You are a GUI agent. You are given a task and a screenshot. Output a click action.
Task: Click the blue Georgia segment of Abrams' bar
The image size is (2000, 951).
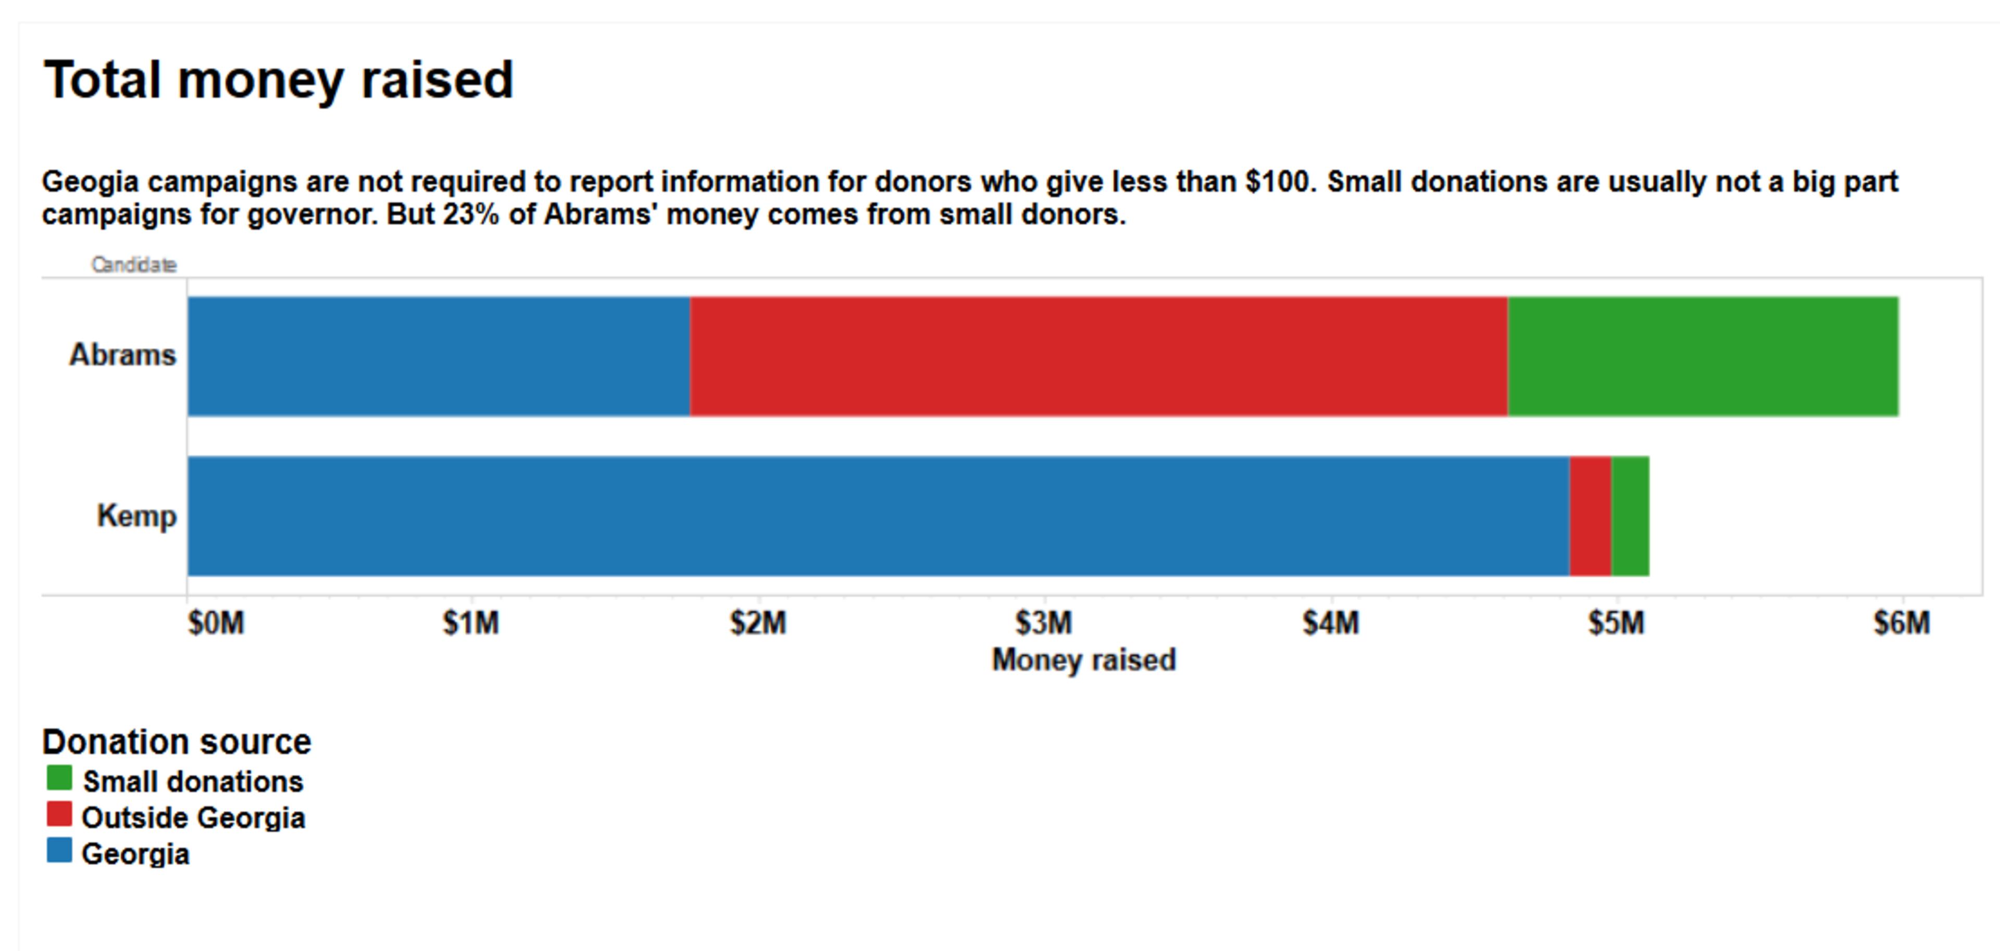pyautogui.click(x=439, y=356)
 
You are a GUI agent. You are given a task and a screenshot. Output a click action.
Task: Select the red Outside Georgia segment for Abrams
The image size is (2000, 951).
pyautogui.click(x=1098, y=356)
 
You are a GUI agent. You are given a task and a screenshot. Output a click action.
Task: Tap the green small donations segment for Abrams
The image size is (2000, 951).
pyautogui.click(x=1703, y=356)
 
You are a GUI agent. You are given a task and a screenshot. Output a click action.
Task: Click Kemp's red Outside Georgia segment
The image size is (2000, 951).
pyautogui.click(x=1590, y=516)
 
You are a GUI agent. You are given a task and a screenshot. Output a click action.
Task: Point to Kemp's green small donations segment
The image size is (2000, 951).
pyautogui.click(x=1630, y=516)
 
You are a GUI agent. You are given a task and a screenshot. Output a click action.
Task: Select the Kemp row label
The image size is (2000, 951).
pyautogui.click(x=136, y=516)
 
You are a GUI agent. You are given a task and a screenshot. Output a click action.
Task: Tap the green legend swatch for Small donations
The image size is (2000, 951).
pyautogui.click(x=59, y=778)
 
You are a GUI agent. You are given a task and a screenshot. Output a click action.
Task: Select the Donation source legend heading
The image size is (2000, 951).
pyautogui.click(x=176, y=742)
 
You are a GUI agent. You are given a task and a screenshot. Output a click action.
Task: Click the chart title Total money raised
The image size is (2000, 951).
pyautogui.click(x=278, y=80)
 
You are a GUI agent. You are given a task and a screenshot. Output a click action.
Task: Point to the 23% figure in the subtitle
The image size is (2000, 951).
pyautogui.click(x=470, y=214)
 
